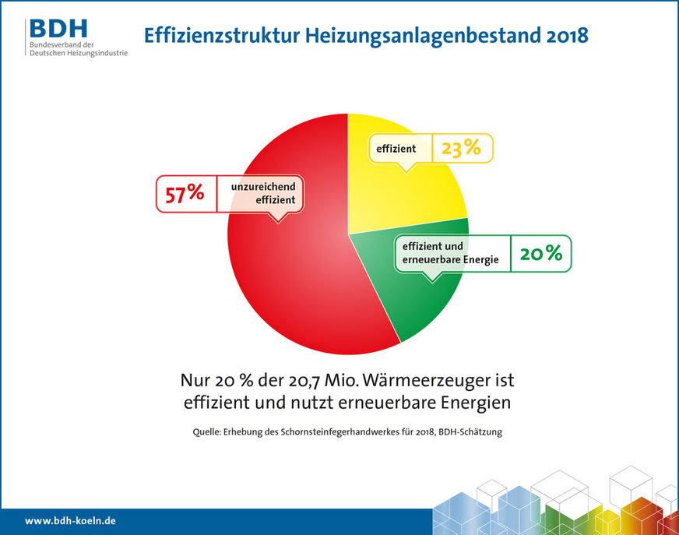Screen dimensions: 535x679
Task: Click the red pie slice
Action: point(288,280)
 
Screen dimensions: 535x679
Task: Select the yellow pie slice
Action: point(413,195)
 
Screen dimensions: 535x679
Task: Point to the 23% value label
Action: point(461,147)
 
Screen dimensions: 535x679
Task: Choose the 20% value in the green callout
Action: point(540,253)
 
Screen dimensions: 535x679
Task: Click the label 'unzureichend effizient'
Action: point(262,193)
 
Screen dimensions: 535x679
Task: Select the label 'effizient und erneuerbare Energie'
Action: point(450,253)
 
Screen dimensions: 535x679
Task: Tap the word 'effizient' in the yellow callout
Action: point(396,147)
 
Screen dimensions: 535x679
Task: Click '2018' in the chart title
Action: point(558,35)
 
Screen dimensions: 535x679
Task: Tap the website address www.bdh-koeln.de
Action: point(70,520)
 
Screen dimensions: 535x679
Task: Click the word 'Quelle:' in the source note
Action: point(209,432)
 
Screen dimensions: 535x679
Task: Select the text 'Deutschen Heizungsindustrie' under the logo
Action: point(78,52)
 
